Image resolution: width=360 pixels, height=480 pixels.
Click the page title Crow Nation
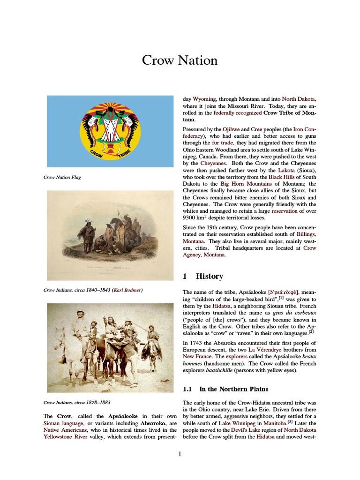coord(180,60)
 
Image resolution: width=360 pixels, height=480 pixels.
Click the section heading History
coord(209,276)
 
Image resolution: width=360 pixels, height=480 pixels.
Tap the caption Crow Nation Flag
coord(62,177)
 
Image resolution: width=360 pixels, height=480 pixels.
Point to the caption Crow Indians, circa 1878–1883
coord(76,402)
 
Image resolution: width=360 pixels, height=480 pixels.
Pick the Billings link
coord(306,233)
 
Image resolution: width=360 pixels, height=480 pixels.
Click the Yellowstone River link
coord(64,436)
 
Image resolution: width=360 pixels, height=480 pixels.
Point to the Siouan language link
coord(63,423)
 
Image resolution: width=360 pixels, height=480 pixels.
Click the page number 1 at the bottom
coord(180,453)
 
